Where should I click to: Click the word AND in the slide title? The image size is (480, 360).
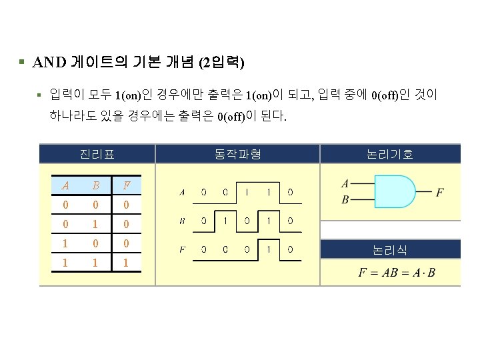pyautogui.click(x=48, y=63)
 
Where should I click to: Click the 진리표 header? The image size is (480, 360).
pyautogui.click(x=97, y=155)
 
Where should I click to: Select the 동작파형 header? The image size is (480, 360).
pyautogui.click(x=237, y=155)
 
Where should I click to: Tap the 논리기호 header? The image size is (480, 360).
pyautogui.click(x=390, y=155)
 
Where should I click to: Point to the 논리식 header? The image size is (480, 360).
pyautogui.click(x=390, y=251)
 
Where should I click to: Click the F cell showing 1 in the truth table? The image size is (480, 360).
pyautogui.click(x=127, y=263)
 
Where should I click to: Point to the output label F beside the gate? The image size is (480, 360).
pyautogui.click(x=440, y=193)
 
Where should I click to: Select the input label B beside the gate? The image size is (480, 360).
pyautogui.click(x=345, y=200)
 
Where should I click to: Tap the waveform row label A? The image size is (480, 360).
pyautogui.click(x=182, y=192)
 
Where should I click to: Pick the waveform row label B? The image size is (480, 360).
pyautogui.click(x=182, y=221)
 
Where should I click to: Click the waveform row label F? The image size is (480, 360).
pyautogui.click(x=182, y=250)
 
